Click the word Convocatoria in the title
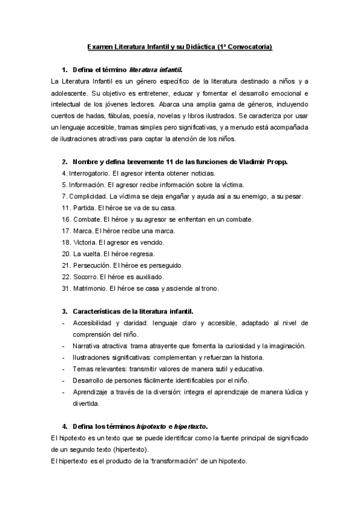click(249, 46)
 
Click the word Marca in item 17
click(82, 230)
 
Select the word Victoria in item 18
click(85, 242)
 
